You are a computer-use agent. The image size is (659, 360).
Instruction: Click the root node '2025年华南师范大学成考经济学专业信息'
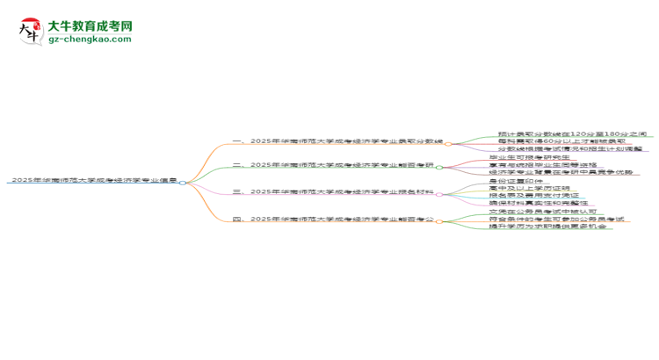point(92,180)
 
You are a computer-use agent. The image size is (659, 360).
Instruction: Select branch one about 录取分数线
point(337,140)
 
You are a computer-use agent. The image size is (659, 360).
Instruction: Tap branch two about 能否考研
point(337,165)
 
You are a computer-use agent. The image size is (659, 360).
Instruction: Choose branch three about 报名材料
point(337,191)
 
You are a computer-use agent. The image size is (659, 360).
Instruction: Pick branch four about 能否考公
point(337,219)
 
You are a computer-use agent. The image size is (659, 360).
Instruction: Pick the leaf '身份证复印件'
point(517,181)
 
